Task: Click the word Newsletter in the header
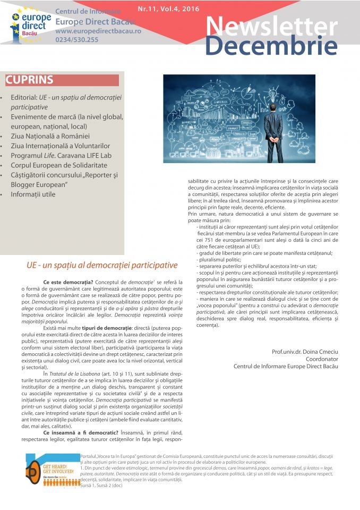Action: click(x=270, y=25)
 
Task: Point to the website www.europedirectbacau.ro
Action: click(x=98, y=32)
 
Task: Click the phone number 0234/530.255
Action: click(x=76, y=40)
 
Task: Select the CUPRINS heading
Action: click(x=29, y=80)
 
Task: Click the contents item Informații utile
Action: click(x=33, y=194)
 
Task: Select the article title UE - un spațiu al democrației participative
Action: click(x=102, y=265)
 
